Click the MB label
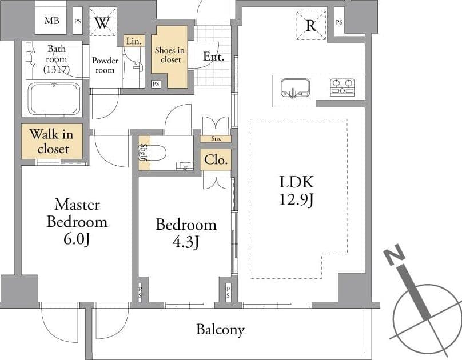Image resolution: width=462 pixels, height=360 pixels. [x=52, y=21]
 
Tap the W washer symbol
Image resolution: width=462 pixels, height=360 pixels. [x=102, y=22]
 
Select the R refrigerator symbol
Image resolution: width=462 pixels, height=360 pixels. [x=311, y=25]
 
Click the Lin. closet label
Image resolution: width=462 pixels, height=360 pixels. [x=134, y=41]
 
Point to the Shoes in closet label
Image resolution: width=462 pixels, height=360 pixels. [x=170, y=55]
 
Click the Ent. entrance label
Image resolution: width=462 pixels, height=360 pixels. [x=213, y=56]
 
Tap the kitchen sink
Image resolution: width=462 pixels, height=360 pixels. [x=295, y=88]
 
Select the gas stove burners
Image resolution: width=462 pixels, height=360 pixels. [x=342, y=87]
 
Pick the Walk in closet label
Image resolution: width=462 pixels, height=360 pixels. [x=51, y=141]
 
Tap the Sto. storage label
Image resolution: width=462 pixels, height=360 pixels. [x=216, y=139]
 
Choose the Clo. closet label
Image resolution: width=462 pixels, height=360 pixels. [x=216, y=160]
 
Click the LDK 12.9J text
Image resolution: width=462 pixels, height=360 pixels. [x=296, y=190]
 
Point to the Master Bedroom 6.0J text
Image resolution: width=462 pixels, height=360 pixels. [x=77, y=222]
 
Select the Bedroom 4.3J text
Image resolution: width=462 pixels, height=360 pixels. [x=186, y=233]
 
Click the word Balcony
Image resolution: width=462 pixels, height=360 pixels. [x=220, y=330]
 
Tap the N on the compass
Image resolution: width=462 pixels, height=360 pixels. [x=394, y=254]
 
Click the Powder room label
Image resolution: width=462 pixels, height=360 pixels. [x=105, y=65]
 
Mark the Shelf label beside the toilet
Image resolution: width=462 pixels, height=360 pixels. [x=143, y=153]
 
